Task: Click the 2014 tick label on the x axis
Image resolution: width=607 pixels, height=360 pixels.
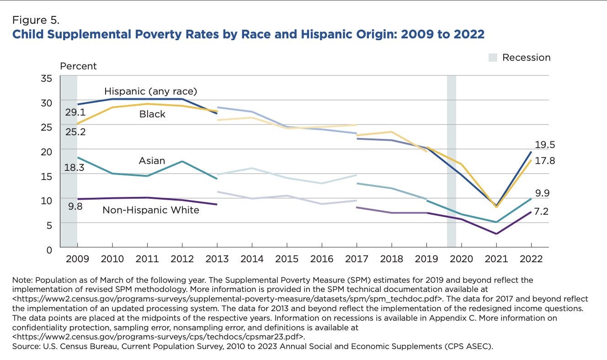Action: coord(252,259)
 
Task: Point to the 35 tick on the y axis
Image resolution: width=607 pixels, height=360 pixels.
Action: coord(46,78)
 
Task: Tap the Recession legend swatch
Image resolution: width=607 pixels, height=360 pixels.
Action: coord(492,58)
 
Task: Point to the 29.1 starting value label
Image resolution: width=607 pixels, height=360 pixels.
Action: coord(75,112)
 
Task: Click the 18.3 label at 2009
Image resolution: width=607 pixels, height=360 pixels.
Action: coord(75,168)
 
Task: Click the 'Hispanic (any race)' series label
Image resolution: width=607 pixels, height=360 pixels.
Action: coord(150,91)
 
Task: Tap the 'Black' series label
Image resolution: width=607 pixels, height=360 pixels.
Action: coord(152,114)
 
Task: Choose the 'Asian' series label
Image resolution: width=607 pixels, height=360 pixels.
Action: coord(152,161)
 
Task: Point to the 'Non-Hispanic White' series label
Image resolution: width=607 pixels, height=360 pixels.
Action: coord(150,210)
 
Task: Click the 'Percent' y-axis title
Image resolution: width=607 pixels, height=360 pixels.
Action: coord(78,66)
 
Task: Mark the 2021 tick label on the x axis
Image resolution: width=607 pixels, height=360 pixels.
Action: coord(496,259)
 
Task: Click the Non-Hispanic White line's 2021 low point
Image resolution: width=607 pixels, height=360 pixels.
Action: coord(496,234)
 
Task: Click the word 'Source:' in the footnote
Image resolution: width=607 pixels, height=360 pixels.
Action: coord(27,347)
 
